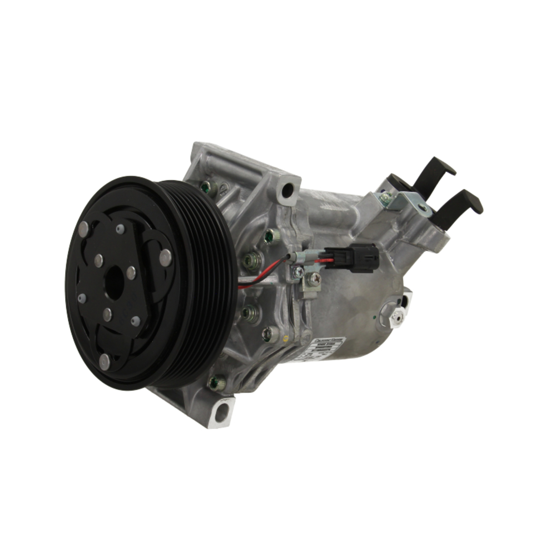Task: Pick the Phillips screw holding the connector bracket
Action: (314, 280)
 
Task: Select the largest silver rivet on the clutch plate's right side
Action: (165, 257)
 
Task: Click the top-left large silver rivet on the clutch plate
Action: (84, 228)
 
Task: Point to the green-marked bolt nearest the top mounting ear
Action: (209, 188)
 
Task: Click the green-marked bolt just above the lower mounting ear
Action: (218, 382)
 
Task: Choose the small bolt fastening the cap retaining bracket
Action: (384, 197)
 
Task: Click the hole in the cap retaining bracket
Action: (423, 209)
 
